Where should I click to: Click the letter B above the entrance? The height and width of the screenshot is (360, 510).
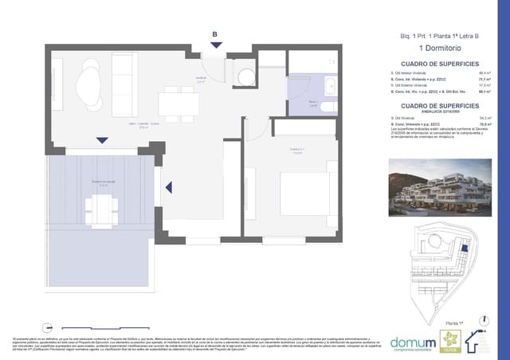tap(214, 33)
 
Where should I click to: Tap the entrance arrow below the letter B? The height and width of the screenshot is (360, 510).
tap(214, 46)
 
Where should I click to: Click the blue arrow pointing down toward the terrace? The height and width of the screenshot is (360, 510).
tap(102, 141)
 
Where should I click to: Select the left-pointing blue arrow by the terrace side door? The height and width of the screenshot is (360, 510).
tap(169, 187)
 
